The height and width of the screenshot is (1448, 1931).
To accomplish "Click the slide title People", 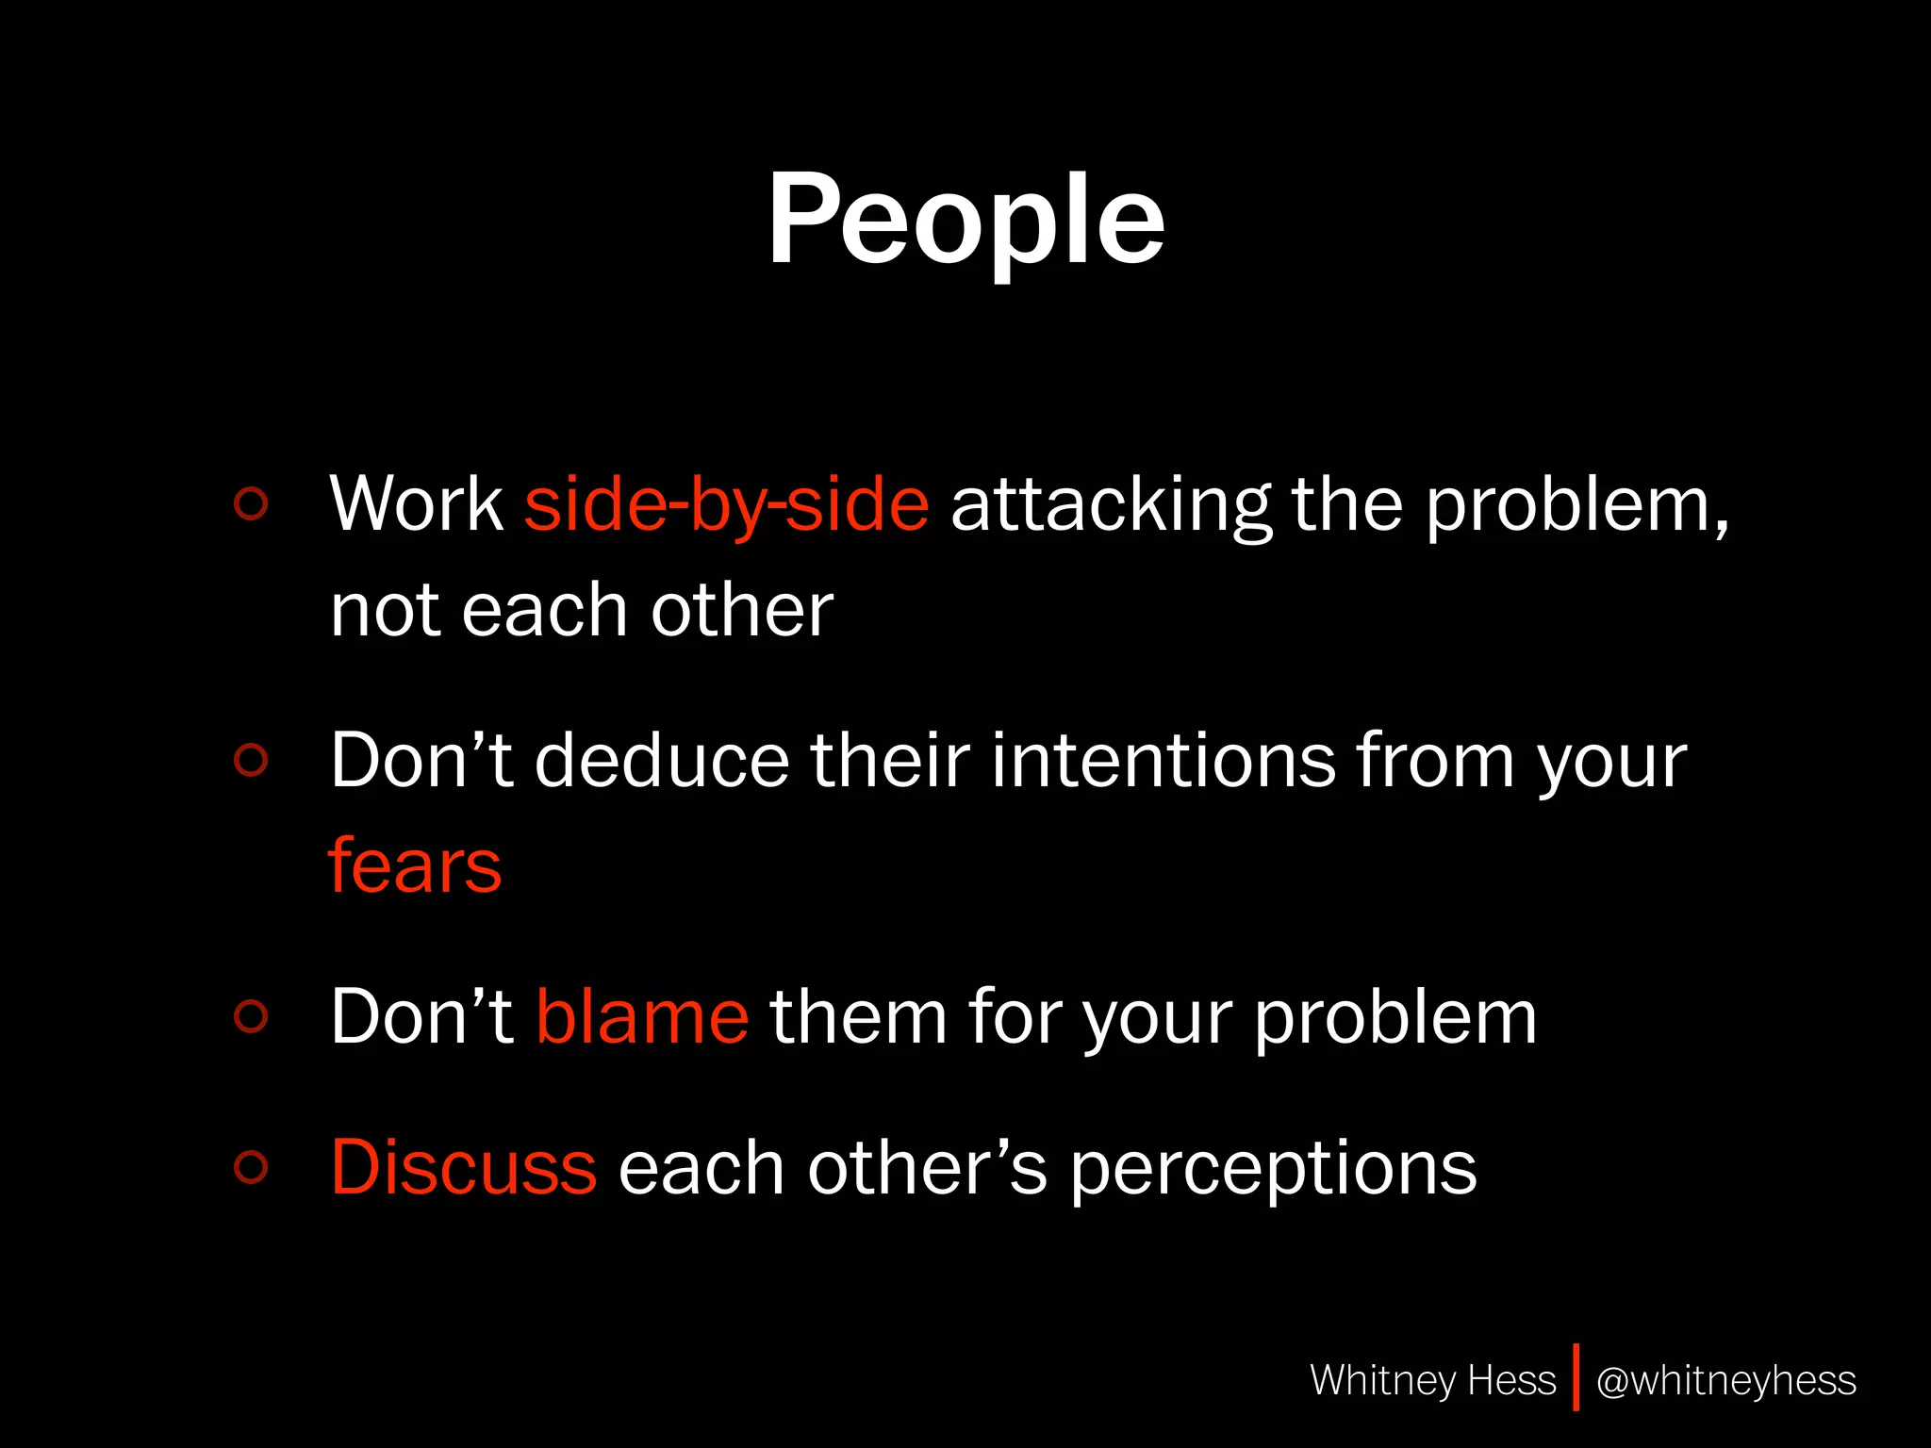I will coord(965,222).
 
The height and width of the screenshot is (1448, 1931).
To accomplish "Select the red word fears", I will coord(415,865).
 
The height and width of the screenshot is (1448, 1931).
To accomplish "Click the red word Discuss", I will coord(463,1167).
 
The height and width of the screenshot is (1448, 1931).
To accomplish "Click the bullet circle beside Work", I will coord(251,503).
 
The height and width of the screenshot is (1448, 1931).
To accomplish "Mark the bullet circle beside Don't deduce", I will coord(251,759).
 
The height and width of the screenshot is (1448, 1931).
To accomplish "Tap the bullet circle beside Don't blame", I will coord(251,1015).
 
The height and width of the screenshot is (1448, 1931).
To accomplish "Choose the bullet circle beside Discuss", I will coord(251,1167).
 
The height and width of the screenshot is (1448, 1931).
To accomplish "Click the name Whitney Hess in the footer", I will coord(1432,1380).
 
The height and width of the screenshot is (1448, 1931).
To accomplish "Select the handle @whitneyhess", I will coord(1725,1380).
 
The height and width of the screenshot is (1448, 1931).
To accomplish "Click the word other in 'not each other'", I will coord(741,610).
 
